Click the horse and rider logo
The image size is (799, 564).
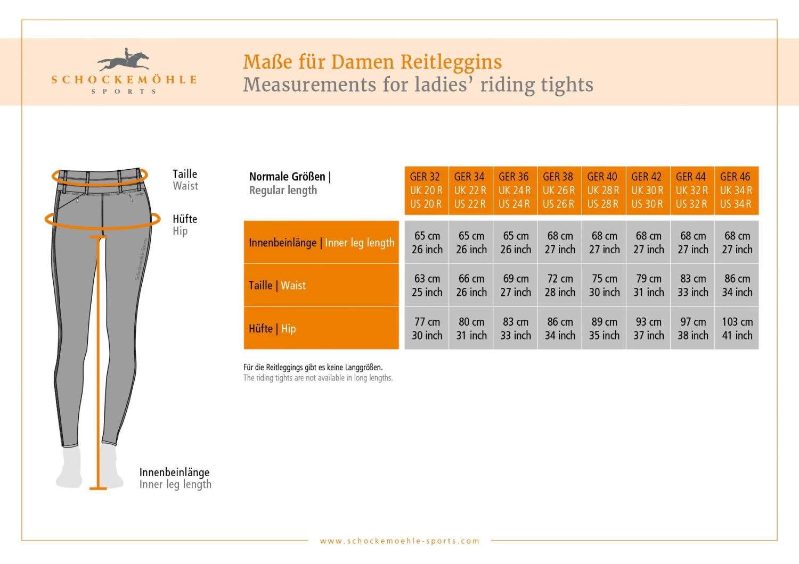tap(124, 60)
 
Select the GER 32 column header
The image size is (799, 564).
tap(426, 190)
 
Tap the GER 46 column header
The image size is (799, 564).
tap(736, 190)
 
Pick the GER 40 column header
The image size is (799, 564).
tap(604, 190)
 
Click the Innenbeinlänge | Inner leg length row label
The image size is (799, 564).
tap(321, 243)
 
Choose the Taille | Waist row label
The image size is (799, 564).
tap(321, 286)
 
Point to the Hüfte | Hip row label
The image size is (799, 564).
tap(321, 329)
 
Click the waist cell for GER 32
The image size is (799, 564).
tap(427, 286)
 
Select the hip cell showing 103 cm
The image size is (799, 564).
tap(737, 329)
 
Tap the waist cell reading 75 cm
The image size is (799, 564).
tap(604, 286)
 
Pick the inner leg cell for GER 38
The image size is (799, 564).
tap(560, 243)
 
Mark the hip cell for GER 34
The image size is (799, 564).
tap(471, 329)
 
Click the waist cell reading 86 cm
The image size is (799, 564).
tap(737, 286)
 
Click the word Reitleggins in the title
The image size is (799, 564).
tap(451, 62)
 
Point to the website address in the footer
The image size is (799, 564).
tap(399, 541)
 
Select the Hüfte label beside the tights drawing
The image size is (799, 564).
tap(185, 219)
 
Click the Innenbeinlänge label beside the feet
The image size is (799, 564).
tap(174, 472)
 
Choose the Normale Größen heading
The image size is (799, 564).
tap(290, 177)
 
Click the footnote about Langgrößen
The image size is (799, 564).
tap(313, 367)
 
